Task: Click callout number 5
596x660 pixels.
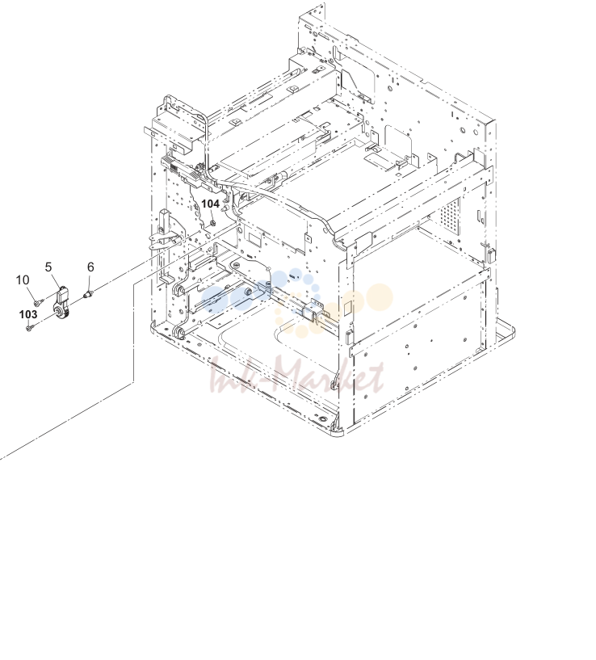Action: pyautogui.click(x=48, y=267)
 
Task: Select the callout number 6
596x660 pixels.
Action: pyautogui.click(x=90, y=267)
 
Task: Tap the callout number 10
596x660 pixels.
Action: pyautogui.click(x=23, y=280)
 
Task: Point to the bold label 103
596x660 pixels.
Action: pyautogui.click(x=28, y=314)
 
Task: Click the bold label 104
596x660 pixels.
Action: pyautogui.click(x=211, y=204)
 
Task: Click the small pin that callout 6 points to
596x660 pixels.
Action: pyautogui.click(x=88, y=293)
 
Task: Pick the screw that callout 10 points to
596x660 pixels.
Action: pyautogui.click(x=39, y=301)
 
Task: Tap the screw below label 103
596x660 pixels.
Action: pyautogui.click(x=29, y=327)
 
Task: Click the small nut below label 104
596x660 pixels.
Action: pyautogui.click(x=212, y=223)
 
